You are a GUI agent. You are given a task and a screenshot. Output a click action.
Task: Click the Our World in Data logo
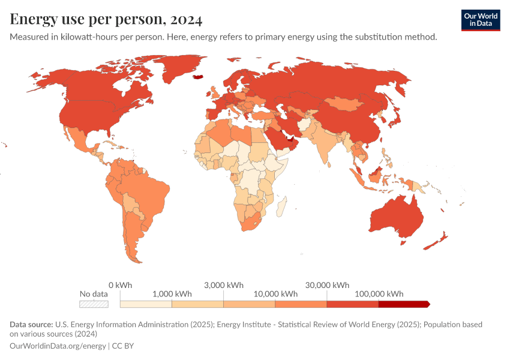coord(480,20)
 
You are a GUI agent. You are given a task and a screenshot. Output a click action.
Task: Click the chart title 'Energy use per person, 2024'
coord(106,19)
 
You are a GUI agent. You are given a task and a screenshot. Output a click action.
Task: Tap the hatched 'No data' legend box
coord(94,304)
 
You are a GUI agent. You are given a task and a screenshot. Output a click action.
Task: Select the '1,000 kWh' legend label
coord(172,294)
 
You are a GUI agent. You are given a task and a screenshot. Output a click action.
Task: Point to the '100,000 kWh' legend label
coord(379,294)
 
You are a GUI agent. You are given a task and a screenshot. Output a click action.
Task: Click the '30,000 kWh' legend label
coord(326,284)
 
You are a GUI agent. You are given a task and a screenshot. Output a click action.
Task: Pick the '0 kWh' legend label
coord(120,284)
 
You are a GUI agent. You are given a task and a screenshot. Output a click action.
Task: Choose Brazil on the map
coord(147,192)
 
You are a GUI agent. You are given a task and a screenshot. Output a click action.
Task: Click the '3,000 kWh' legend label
coord(224,284)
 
